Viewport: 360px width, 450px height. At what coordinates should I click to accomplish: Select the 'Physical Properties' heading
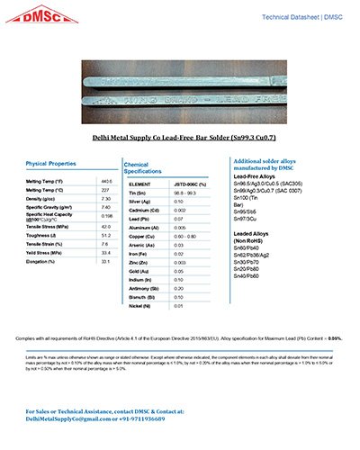[x=50, y=163]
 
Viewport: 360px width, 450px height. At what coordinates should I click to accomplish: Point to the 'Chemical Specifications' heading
[x=142, y=167]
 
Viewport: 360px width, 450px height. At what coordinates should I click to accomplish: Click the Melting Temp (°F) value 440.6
[x=105, y=182]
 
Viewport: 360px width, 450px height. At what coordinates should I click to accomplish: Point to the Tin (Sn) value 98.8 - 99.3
[x=186, y=193]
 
